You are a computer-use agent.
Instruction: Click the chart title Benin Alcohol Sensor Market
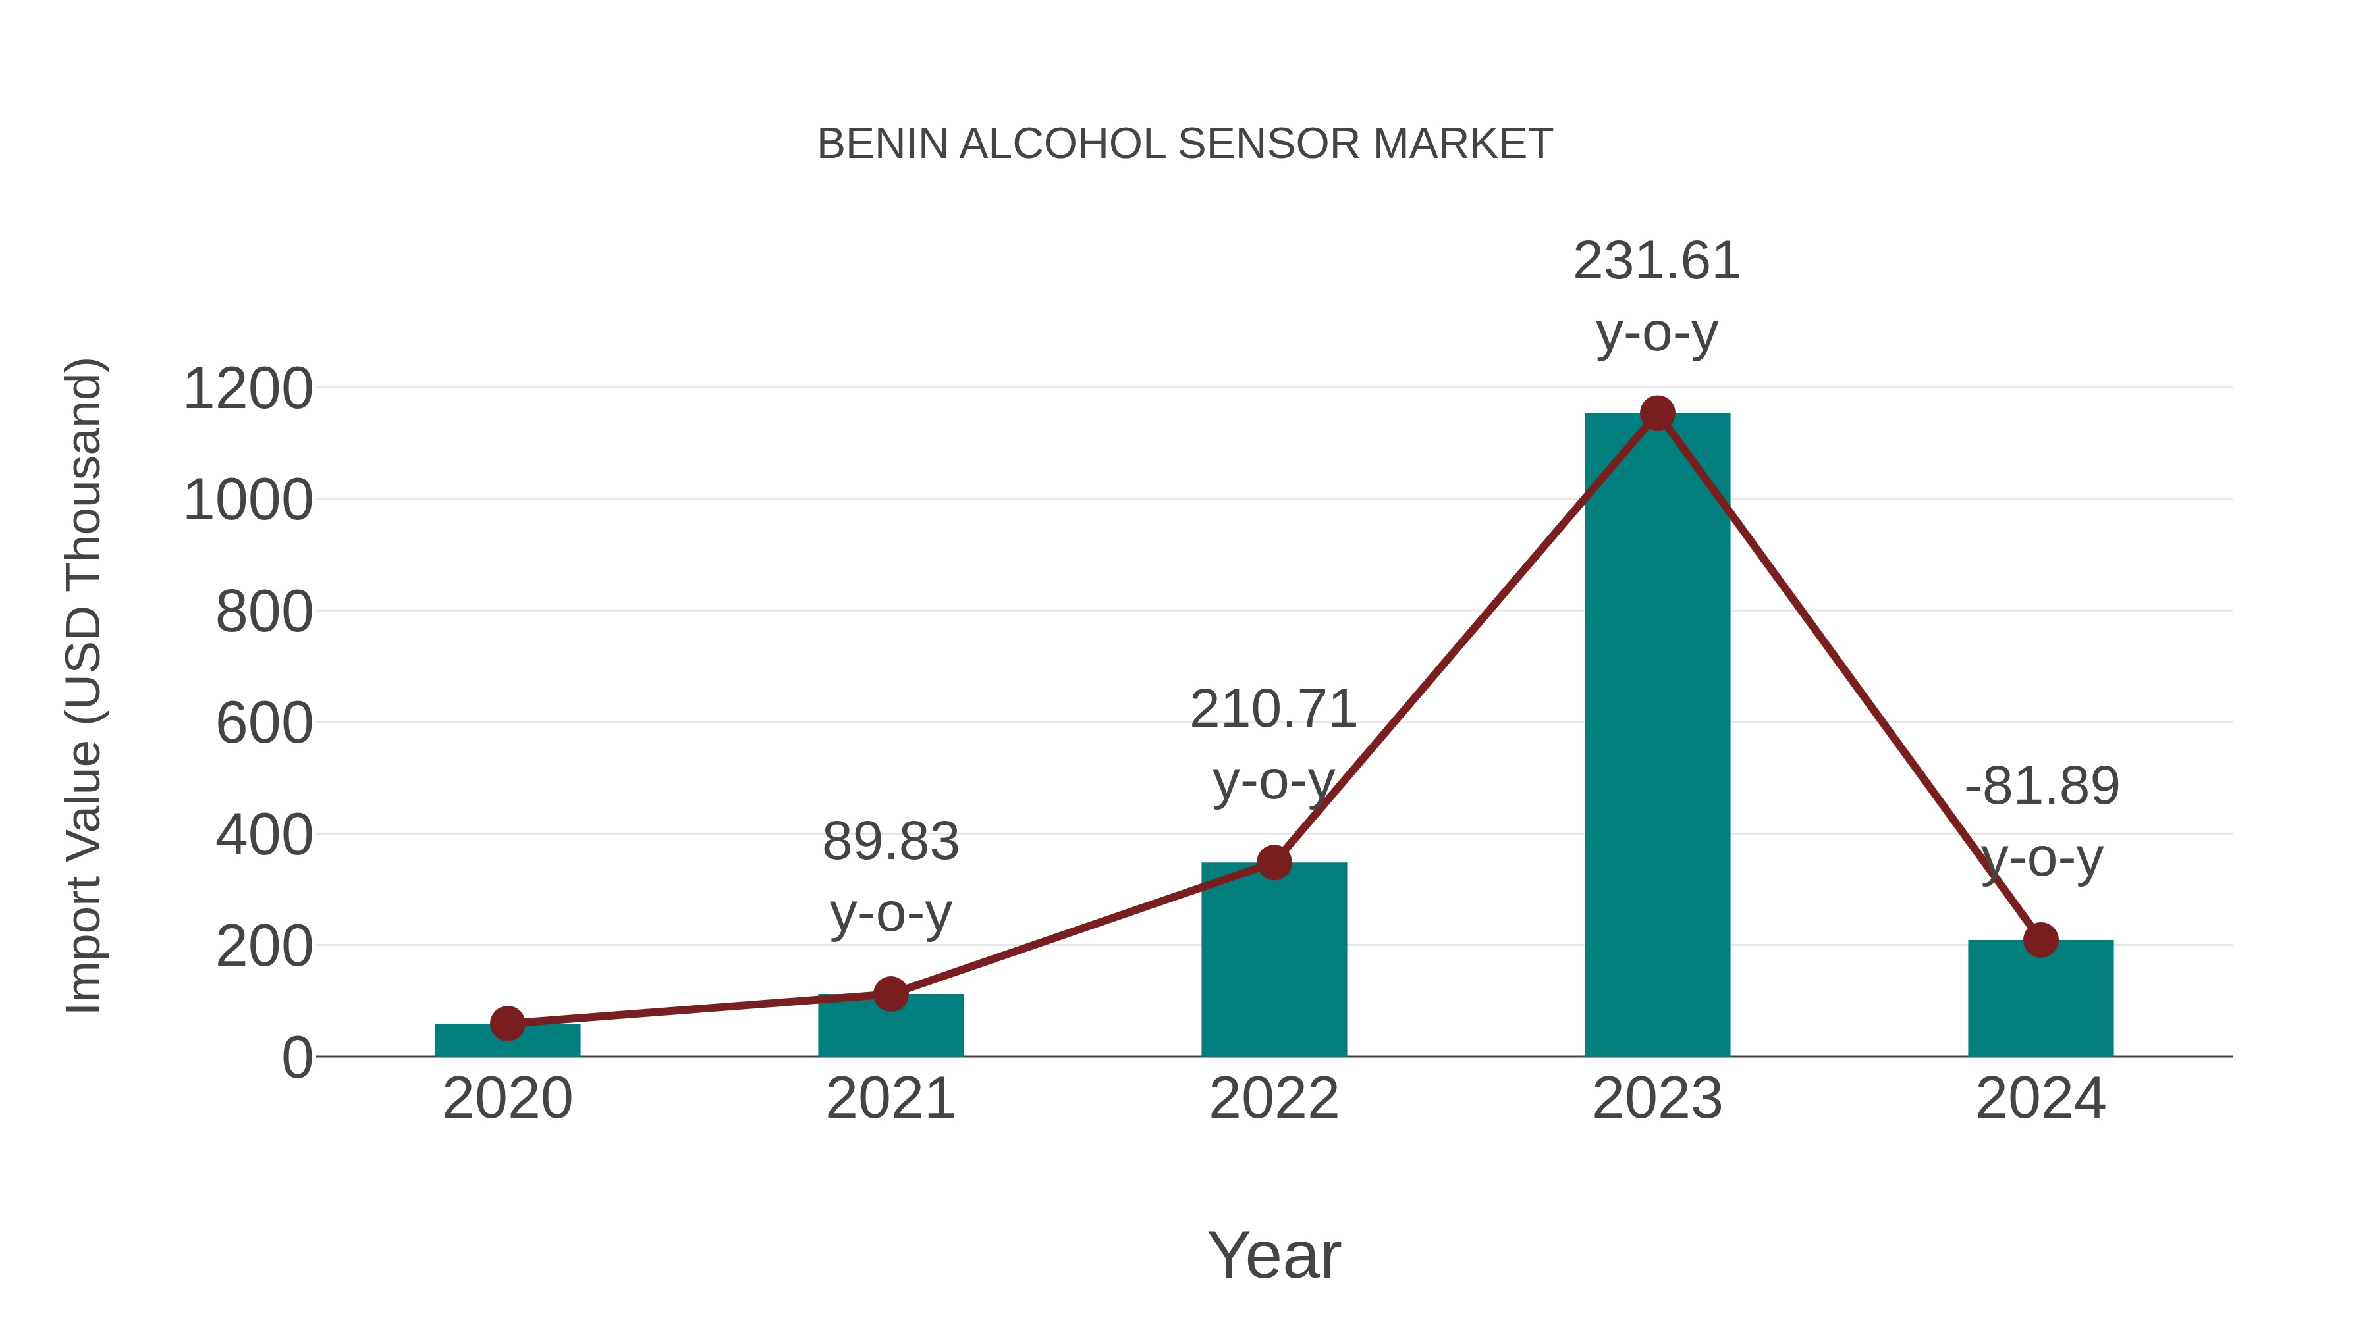pos(1185,144)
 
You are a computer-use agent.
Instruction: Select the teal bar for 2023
pos(1657,736)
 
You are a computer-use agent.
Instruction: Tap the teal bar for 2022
pos(1274,961)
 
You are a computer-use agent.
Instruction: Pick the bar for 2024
pos(2040,1001)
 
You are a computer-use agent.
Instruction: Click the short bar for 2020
pos(507,1042)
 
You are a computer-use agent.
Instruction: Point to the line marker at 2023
pos(1657,413)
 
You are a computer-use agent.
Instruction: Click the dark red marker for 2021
pos(890,993)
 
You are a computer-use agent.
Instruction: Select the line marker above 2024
pos(2040,940)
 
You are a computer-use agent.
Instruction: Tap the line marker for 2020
pos(507,1023)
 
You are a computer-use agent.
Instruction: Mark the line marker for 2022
pos(1274,862)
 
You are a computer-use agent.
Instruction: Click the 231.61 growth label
pos(1657,261)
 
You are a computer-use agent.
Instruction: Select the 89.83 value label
pos(890,842)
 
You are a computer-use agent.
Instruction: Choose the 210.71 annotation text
pos(1273,710)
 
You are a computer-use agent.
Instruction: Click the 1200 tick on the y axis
pos(248,389)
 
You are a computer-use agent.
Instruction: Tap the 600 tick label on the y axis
pos(264,724)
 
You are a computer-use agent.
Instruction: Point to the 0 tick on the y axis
pos(296,1058)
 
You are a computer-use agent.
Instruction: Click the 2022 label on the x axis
pos(1274,1099)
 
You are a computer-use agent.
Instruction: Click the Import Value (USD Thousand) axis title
pos(84,685)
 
